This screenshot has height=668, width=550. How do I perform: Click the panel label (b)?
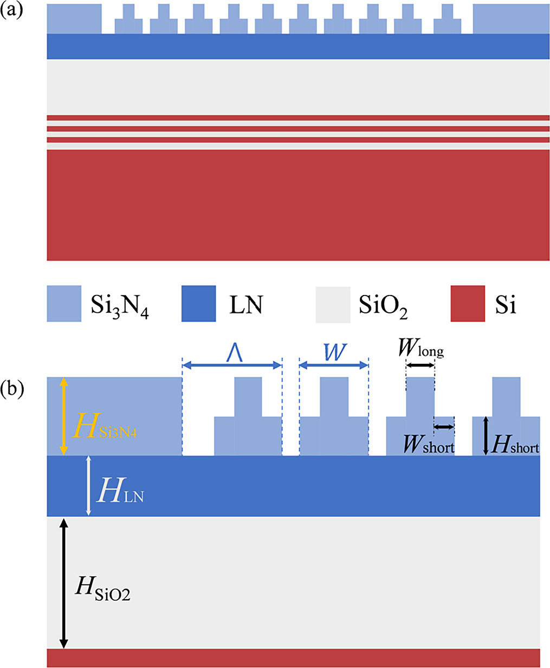[x=11, y=389]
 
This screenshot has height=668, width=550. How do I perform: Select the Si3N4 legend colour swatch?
[x=64, y=304]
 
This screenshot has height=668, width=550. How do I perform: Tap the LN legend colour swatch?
[x=198, y=304]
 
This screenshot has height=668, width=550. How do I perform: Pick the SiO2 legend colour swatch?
[x=333, y=304]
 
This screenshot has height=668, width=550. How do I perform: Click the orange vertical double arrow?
[x=63, y=416]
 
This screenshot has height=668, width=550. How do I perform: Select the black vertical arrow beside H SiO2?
[x=63, y=583]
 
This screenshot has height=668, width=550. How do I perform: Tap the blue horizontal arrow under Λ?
[x=232, y=365]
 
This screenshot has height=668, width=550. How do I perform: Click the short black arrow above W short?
[x=444, y=427]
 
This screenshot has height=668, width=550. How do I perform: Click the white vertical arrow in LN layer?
[x=89, y=486]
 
